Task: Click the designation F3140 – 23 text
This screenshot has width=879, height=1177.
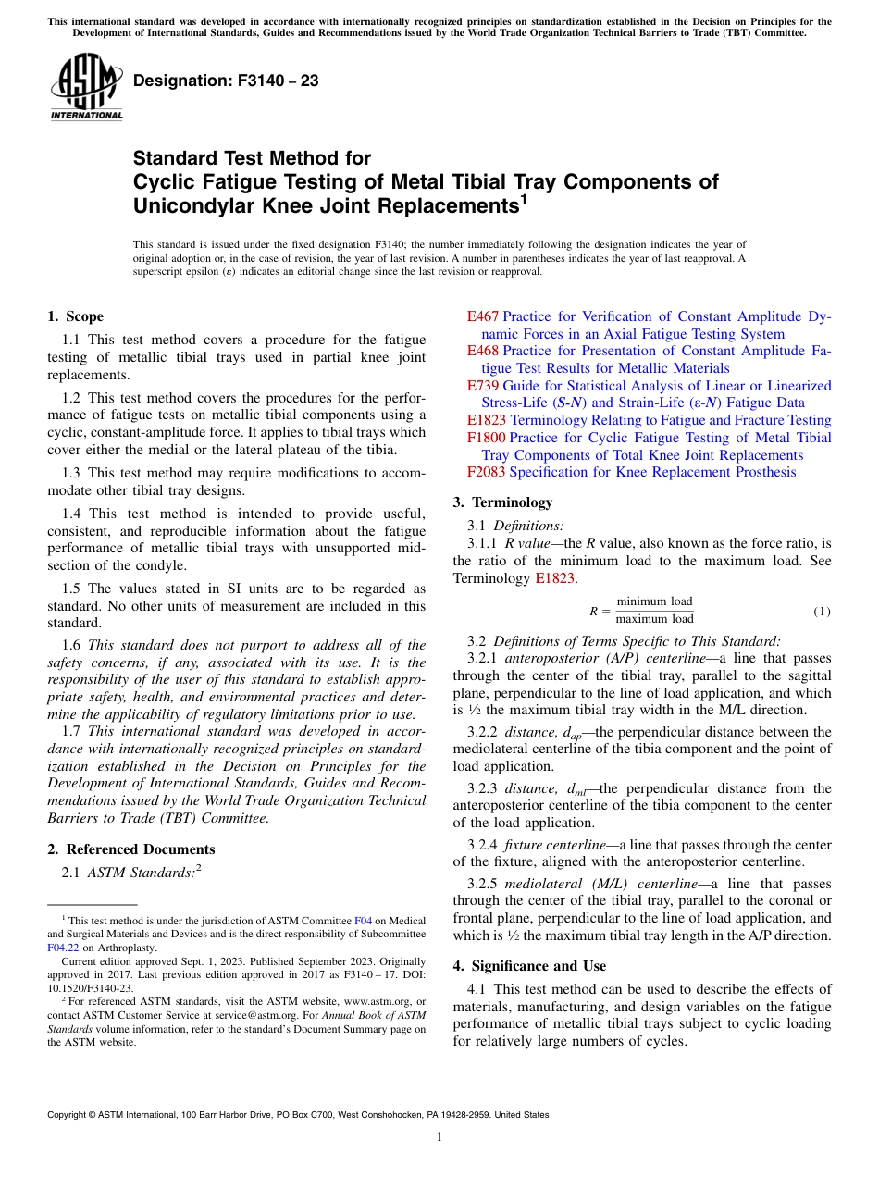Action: click(226, 81)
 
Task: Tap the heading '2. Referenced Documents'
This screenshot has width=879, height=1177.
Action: click(130, 849)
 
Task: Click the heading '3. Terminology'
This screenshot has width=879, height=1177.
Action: click(501, 502)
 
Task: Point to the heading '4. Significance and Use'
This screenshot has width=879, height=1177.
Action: click(529, 966)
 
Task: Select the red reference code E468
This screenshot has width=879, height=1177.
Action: click(483, 351)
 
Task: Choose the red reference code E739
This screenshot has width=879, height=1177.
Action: click(483, 386)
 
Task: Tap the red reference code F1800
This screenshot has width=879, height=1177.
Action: click(487, 438)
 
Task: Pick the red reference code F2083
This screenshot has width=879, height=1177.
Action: click(487, 472)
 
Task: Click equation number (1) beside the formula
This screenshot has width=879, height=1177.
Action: click(822, 612)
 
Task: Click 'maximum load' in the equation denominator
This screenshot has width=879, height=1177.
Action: click(654, 619)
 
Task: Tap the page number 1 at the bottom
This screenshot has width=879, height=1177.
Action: click(439, 1137)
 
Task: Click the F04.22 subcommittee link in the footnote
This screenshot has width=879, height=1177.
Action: click(61, 948)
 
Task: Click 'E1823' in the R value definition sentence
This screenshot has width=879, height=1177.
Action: click(557, 578)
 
